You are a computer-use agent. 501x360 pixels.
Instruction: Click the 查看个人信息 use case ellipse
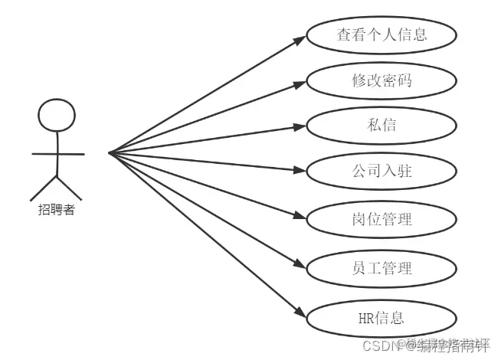(x=381, y=34)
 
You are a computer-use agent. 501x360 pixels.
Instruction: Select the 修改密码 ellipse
(x=381, y=80)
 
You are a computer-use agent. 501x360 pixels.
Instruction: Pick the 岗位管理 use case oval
(x=381, y=219)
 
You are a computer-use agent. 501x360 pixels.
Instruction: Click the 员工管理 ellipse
(x=381, y=267)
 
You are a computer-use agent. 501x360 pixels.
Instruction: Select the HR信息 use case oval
(x=381, y=316)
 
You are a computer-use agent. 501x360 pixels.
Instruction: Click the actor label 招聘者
(x=57, y=210)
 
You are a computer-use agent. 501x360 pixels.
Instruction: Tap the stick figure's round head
(x=57, y=117)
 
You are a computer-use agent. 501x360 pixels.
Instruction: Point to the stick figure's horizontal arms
(x=57, y=154)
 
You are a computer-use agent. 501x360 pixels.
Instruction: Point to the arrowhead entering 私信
(x=301, y=126)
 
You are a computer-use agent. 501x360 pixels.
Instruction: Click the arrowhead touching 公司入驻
(x=301, y=172)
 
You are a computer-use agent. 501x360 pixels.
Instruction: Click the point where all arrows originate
(x=110, y=153)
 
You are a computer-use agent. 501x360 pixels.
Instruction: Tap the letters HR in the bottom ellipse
(x=367, y=316)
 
